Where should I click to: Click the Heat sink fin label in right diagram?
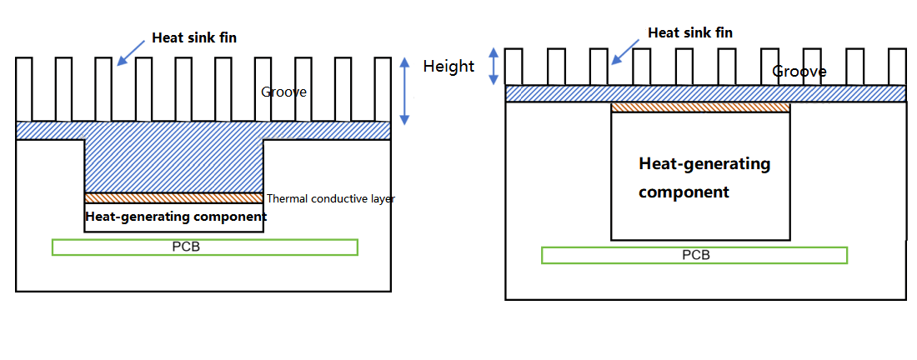(690, 32)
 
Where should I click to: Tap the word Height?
(448, 66)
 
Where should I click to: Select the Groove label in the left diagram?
(283, 92)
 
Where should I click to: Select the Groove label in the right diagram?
(799, 72)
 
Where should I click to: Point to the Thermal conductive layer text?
(330, 199)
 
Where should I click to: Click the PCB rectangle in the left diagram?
(204, 247)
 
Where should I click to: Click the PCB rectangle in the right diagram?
(694, 255)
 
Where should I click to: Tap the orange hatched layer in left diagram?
(173, 198)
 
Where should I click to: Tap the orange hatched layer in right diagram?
(700, 107)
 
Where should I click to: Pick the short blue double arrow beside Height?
(494, 65)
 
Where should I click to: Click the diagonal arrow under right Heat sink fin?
(624, 51)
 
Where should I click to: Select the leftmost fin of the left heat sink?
(23, 89)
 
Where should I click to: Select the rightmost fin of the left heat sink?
(383, 89)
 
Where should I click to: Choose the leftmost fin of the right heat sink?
(514, 67)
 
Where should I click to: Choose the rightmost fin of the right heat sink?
(897, 67)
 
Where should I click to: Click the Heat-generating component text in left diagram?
(176, 217)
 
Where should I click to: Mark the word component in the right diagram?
(684, 192)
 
